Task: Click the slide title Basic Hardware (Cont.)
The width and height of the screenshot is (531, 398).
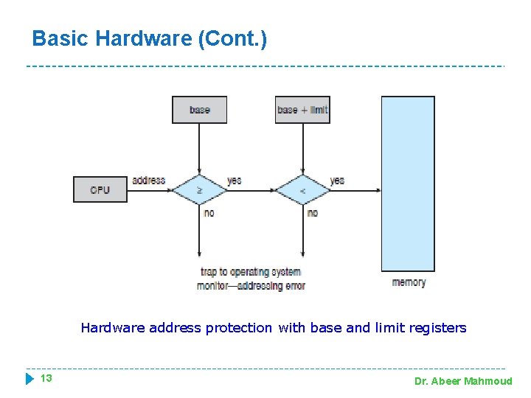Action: [150, 38]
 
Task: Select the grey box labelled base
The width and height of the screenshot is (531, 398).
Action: [199, 110]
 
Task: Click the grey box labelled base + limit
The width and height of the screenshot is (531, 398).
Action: [302, 110]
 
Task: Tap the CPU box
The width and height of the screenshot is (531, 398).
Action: [100, 190]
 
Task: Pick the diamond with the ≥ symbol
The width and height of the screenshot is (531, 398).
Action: [199, 190]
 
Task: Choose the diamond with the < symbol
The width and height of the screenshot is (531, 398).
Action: [302, 190]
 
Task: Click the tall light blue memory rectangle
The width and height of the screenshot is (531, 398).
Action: [408, 184]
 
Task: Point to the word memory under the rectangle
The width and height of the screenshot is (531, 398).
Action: [409, 282]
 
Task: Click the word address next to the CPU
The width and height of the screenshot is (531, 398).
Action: [148, 181]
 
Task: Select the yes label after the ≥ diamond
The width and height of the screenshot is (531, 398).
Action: [234, 181]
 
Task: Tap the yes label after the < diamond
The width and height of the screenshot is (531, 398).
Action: [337, 181]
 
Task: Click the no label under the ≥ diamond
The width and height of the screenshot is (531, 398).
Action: [209, 212]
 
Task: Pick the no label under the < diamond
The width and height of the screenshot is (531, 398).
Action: [312, 212]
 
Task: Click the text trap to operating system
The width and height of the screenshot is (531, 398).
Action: [251, 272]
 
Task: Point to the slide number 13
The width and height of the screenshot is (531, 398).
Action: [46, 379]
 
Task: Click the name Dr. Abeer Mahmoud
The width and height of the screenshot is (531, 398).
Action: [462, 381]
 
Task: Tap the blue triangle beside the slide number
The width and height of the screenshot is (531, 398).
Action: [29, 379]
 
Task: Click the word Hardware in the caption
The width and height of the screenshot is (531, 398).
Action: [113, 328]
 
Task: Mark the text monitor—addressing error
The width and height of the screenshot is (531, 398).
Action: [251, 285]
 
